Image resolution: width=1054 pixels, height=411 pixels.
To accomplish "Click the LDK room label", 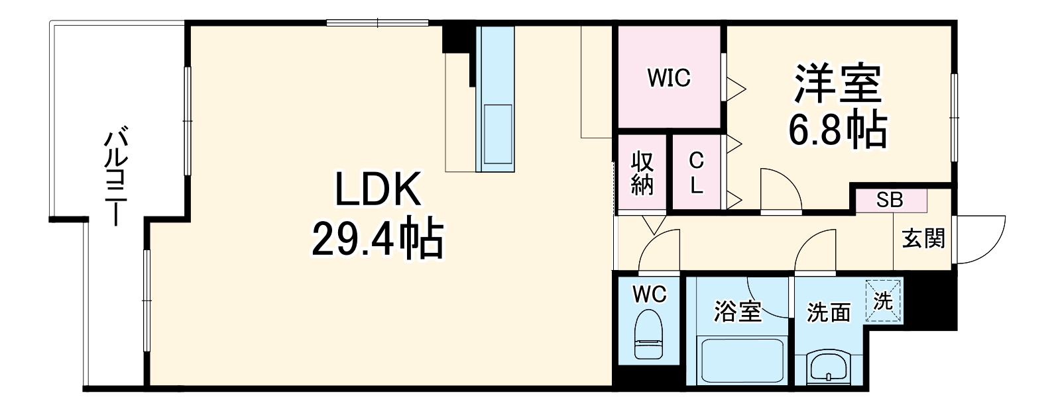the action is (377, 189).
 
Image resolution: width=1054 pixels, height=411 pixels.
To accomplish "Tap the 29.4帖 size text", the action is (377, 238).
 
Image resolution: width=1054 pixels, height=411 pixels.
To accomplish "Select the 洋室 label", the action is (838, 83).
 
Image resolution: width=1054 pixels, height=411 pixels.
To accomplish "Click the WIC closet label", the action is (669, 77).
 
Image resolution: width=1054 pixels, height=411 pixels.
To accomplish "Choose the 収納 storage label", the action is (642, 172).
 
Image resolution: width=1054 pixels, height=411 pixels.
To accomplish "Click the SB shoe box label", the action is (890, 201).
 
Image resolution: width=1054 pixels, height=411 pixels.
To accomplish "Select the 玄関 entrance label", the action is (923, 239).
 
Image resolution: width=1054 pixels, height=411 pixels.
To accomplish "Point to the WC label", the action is (650, 295).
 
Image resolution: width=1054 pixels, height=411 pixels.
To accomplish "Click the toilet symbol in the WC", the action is (648, 334).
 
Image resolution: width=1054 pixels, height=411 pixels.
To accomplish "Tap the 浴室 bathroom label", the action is (737, 312).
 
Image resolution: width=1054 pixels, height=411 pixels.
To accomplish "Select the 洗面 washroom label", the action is (829, 312).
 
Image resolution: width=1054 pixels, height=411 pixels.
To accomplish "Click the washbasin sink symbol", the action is (829, 368).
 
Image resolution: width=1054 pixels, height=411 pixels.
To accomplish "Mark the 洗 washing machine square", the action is (884, 300).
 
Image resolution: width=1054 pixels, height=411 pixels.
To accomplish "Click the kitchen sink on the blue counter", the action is (498, 134).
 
